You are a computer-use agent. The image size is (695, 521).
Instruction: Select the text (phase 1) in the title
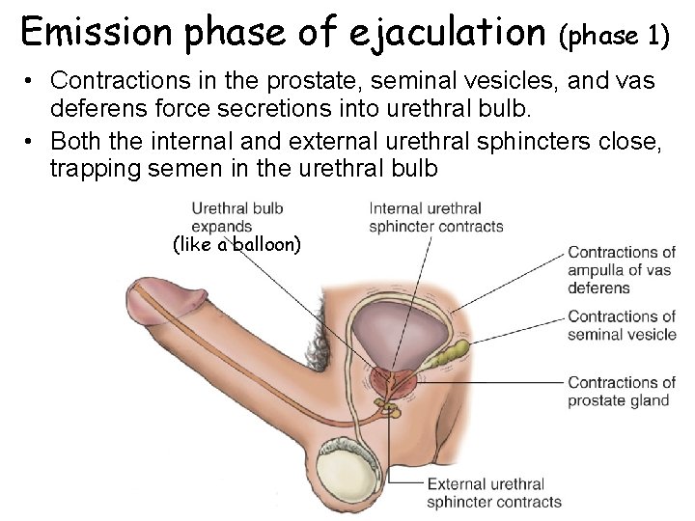click(614, 36)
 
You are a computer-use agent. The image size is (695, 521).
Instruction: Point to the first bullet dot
click(31, 82)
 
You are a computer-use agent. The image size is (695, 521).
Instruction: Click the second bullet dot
click(31, 142)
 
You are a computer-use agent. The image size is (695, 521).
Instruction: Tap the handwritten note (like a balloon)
click(236, 245)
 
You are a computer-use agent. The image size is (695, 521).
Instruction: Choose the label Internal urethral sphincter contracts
click(435, 217)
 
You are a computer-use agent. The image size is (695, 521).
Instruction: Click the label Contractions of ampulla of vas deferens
click(621, 270)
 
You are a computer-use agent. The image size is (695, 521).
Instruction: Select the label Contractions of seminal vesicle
click(621, 325)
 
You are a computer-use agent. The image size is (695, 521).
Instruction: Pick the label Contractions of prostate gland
click(621, 391)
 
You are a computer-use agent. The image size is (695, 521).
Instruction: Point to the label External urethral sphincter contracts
click(492, 493)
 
